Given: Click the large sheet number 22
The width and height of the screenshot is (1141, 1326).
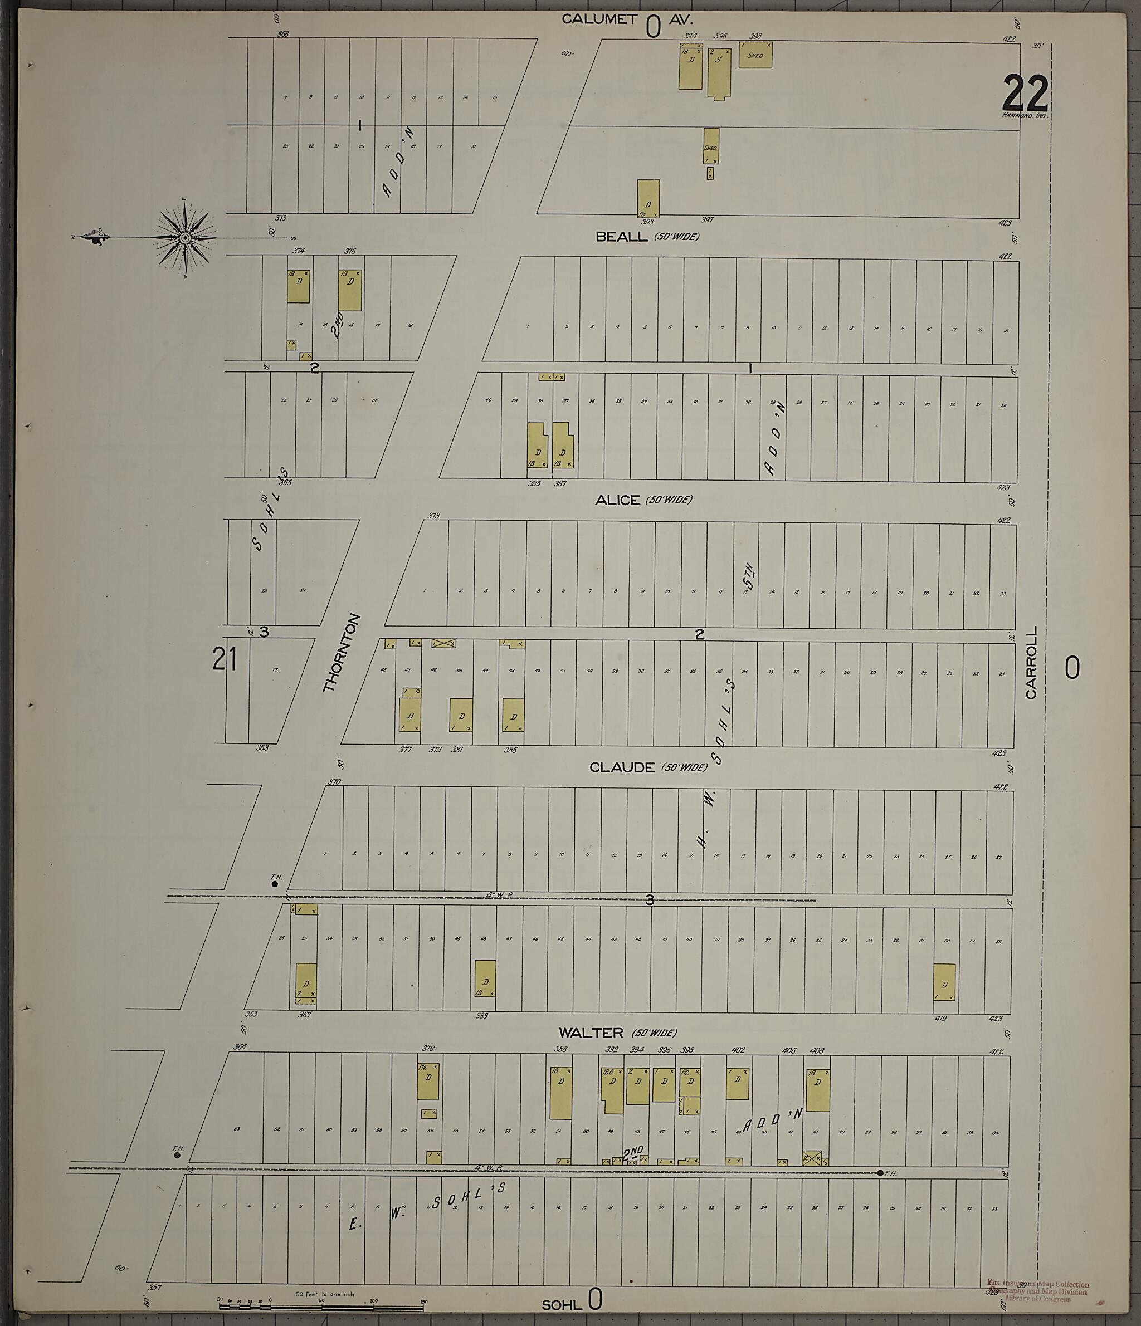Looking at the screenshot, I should [x=1026, y=94].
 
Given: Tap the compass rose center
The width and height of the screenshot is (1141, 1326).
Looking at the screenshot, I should [x=185, y=238].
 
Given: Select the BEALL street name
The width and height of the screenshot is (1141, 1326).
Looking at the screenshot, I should [x=622, y=237].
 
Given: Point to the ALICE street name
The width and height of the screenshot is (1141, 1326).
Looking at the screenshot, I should [x=617, y=501].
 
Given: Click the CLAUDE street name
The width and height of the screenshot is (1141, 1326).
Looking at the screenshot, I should [x=622, y=767].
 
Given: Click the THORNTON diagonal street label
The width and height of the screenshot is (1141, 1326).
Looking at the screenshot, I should [x=342, y=653].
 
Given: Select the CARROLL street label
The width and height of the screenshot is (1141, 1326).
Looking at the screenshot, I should [x=1031, y=662].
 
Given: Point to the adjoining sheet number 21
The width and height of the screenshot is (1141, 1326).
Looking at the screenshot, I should [x=225, y=659].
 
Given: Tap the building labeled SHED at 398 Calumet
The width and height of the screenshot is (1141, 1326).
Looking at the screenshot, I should [x=755, y=56].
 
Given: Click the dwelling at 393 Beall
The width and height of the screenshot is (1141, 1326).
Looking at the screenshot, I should [x=648, y=198].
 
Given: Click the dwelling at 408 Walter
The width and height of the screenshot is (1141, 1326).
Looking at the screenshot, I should [x=818, y=1090].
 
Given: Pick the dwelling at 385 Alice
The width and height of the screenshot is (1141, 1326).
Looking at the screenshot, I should [x=537, y=446].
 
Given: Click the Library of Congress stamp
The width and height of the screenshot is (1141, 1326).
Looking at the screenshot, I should [x=1037, y=1287].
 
